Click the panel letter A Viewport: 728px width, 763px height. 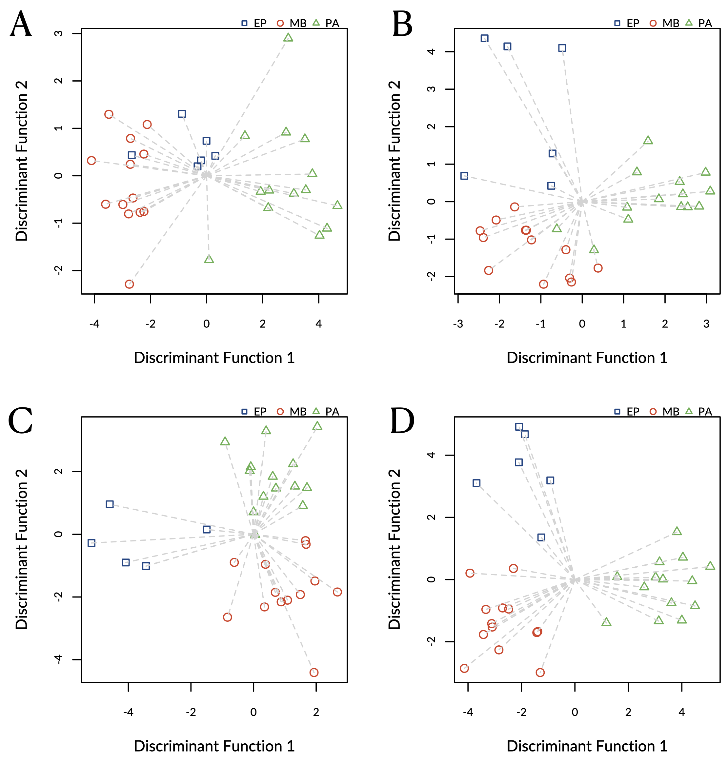coord(21,24)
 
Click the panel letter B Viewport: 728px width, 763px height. coord(402,24)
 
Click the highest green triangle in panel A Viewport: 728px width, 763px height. coord(288,38)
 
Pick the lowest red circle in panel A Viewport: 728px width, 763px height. coord(129,284)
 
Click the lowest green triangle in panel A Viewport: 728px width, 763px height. coord(209,259)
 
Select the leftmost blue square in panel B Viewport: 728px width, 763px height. coord(464,176)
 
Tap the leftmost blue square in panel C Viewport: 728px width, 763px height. coord(91,543)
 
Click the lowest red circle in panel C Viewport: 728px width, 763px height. coord(314,673)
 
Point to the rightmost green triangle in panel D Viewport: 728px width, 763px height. coord(710,566)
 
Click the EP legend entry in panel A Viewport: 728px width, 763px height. coord(254,23)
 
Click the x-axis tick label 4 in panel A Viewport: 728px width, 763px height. coord(319,324)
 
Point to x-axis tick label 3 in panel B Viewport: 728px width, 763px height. coord(706,324)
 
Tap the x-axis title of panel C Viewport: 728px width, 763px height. coord(214,746)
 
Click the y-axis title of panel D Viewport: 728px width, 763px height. coord(394,549)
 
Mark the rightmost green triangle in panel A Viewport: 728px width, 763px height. coord(337,205)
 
